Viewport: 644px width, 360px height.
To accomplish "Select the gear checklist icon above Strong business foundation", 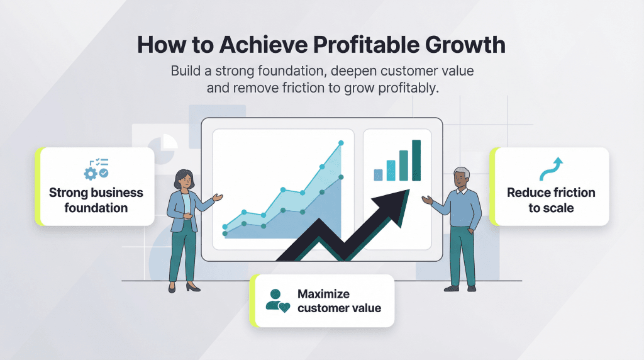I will click(x=96, y=168).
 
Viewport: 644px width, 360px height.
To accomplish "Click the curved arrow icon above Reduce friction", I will click(x=551, y=169).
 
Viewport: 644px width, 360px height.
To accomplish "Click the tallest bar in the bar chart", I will click(x=416, y=160).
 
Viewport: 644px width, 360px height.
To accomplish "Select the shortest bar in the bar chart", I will click(x=378, y=174).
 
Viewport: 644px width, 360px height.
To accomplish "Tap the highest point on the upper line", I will click(x=341, y=143).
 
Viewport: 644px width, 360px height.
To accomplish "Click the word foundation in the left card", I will click(x=96, y=208).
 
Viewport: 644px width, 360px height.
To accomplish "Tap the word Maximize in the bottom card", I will click(x=323, y=294).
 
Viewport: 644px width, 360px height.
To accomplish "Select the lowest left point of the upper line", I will click(x=225, y=225).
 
